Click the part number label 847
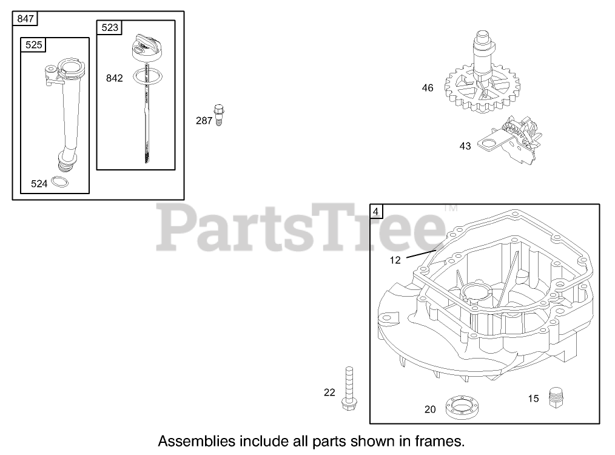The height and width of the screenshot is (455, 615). (25, 18)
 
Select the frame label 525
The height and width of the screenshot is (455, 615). (34, 45)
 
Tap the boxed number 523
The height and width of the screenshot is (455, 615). (109, 27)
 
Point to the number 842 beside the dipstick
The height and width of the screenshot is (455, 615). (114, 78)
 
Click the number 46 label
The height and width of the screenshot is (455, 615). (428, 88)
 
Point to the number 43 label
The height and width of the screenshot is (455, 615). (465, 146)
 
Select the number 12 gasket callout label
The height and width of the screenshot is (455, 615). (395, 260)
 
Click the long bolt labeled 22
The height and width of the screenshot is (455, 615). (349, 388)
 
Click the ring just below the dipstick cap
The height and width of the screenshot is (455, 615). (147, 75)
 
